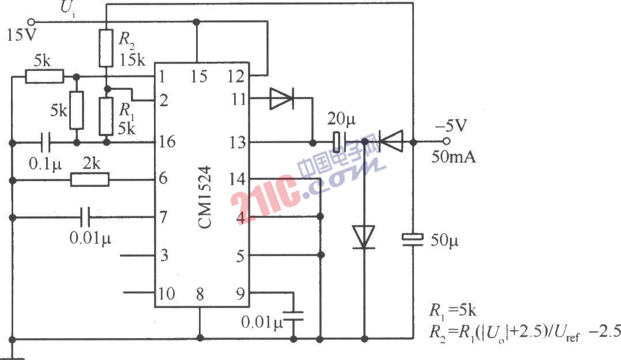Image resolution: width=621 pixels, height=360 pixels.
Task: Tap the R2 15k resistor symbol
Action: tap(106, 48)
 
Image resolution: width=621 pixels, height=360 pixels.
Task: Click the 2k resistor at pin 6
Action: tap(89, 180)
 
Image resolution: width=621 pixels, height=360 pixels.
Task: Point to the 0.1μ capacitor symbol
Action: tap(46, 141)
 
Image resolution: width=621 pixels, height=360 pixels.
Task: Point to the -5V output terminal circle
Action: tap(446, 141)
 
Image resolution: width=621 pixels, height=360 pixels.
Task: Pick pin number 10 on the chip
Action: tap(166, 293)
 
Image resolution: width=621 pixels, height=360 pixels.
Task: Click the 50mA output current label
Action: tap(454, 156)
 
